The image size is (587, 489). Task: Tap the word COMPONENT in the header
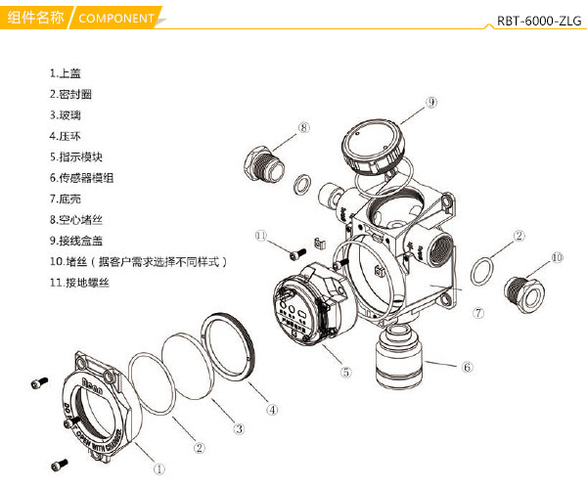[x=116, y=19]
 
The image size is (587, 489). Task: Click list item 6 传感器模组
[x=82, y=178]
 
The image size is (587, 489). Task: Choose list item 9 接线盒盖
[x=77, y=241]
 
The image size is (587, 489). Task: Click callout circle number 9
[x=430, y=101]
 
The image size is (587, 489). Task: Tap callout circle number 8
[x=303, y=128]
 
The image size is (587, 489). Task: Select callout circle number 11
[x=260, y=236]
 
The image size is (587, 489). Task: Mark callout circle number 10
[x=557, y=258]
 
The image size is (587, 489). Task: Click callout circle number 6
[x=467, y=367]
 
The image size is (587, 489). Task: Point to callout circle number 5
[x=344, y=371]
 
